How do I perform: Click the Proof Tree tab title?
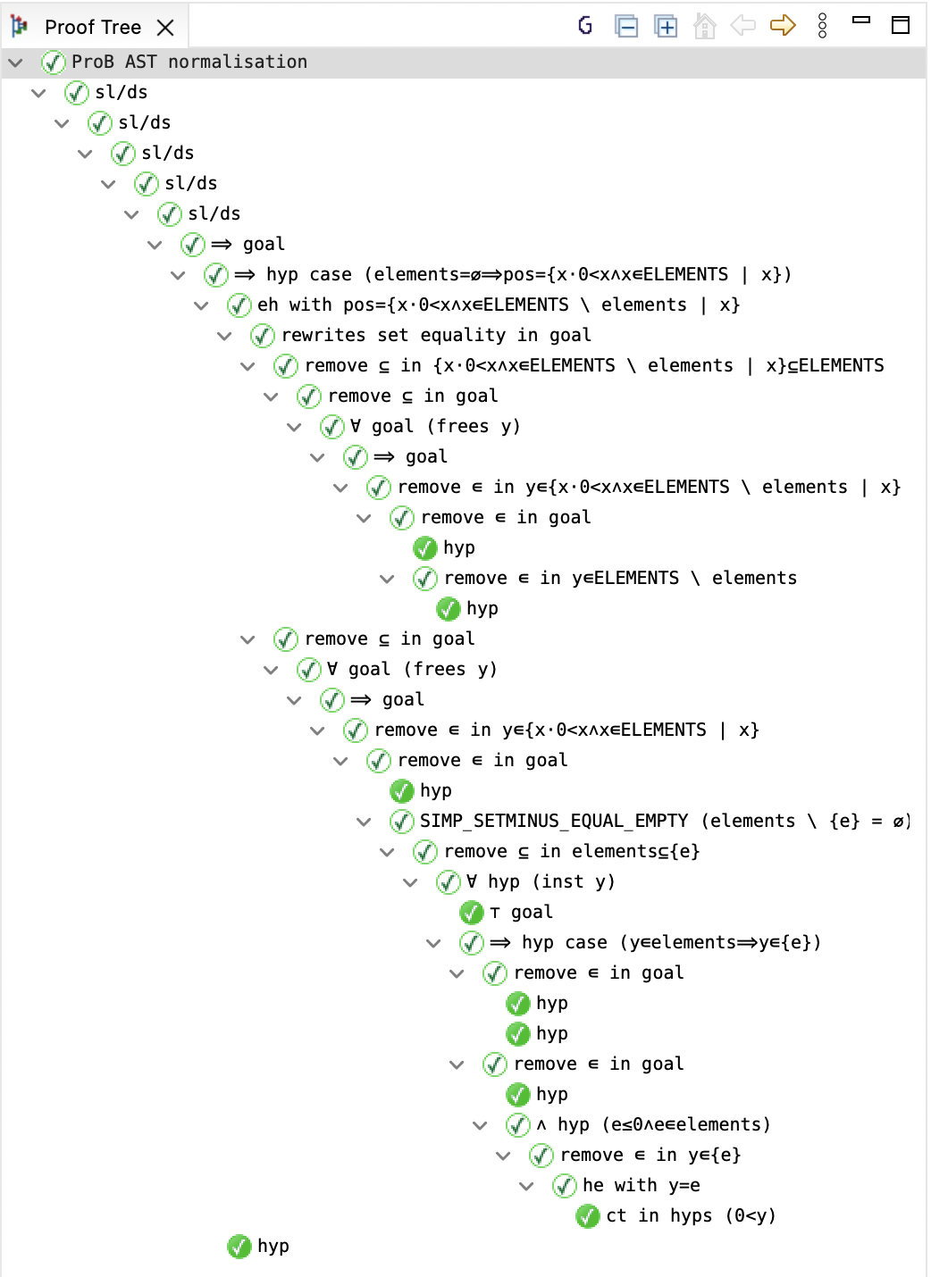click(92, 27)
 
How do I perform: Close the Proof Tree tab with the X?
click(165, 28)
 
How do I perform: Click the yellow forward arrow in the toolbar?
click(782, 25)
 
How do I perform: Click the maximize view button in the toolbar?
click(901, 25)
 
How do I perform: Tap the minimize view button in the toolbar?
click(861, 21)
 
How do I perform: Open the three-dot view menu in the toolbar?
click(822, 25)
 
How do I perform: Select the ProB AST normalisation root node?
click(189, 62)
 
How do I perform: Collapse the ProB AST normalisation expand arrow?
click(16, 63)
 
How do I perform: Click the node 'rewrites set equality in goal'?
click(435, 335)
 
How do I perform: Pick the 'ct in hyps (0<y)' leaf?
click(690, 1215)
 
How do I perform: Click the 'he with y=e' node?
click(641, 1185)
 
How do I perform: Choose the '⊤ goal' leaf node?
click(521, 912)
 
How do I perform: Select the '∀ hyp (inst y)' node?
click(540, 881)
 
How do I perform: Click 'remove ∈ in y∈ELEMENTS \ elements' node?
click(619, 578)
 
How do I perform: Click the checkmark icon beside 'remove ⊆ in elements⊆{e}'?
click(424, 852)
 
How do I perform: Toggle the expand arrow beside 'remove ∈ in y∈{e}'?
click(503, 1156)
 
